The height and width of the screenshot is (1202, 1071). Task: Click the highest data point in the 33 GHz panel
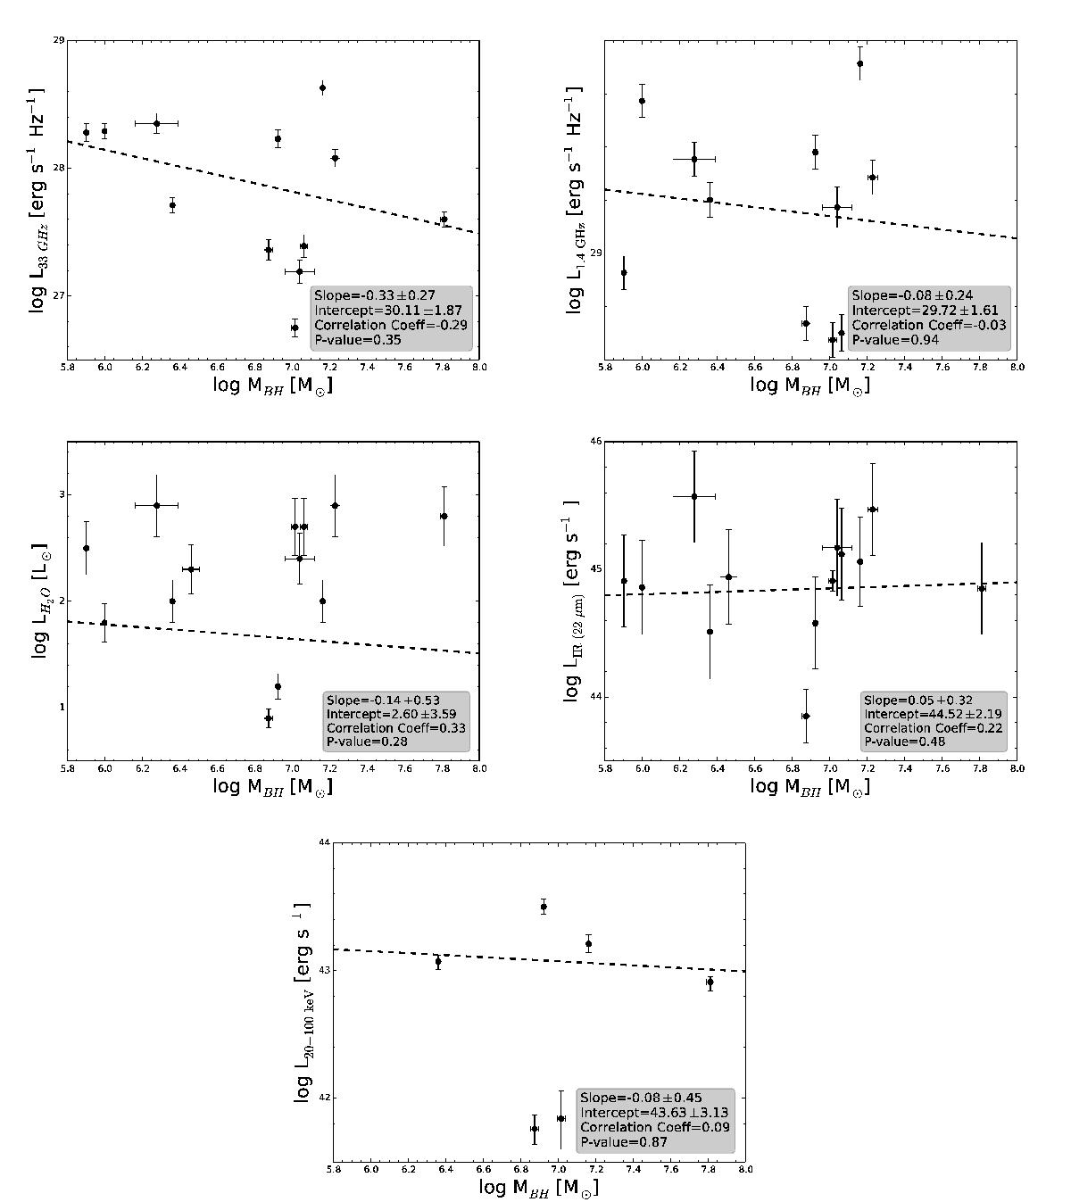point(322,87)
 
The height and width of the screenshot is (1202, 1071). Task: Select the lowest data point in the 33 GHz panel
point(295,327)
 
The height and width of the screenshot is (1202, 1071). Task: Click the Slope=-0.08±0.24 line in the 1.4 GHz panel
point(911,295)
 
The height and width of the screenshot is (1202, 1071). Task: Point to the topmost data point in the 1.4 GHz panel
point(859,63)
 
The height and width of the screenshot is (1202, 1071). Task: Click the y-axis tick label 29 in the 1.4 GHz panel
point(594,253)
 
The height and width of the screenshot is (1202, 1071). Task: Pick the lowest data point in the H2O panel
point(269,717)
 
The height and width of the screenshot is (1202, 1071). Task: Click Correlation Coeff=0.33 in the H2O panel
point(395,728)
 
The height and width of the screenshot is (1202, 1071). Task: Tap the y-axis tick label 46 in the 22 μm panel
point(595,442)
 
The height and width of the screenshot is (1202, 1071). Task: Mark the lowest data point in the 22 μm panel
point(806,716)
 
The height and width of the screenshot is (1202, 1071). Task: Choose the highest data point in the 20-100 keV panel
point(544,907)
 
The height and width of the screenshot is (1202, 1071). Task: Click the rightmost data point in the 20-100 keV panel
point(710,982)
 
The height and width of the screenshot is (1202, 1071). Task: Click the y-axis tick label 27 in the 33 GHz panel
point(57,295)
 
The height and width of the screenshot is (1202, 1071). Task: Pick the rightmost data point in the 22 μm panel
point(982,588)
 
